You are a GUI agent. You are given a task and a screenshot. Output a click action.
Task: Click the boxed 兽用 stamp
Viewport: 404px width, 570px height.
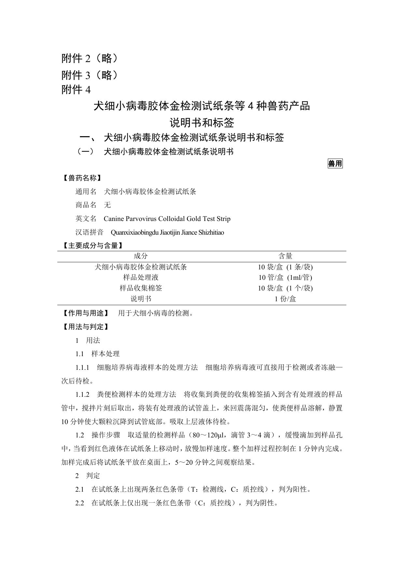click(335, 163)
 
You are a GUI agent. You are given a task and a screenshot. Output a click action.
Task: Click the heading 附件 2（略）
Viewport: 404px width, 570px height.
click(90, 58)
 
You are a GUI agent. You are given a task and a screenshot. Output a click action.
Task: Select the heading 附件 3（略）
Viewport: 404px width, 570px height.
click(90, 75)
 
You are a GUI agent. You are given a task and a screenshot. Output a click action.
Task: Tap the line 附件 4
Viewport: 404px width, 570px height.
click(76, 90)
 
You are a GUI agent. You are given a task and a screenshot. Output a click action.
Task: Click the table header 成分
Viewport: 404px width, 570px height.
click(140, 256)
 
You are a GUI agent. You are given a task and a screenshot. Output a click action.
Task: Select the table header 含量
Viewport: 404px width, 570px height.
click(285, 256)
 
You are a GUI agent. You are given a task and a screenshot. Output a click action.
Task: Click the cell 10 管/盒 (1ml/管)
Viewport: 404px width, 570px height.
click(285, 278)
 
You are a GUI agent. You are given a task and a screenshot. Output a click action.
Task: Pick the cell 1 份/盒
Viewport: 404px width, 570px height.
click(285, 299)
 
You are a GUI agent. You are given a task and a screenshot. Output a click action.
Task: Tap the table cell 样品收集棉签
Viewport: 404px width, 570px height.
click(140, 288)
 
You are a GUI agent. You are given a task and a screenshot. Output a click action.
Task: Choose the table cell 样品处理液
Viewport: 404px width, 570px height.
click(140, 278)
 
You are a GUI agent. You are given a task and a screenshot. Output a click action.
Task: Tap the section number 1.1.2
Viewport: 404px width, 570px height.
click(82, 395)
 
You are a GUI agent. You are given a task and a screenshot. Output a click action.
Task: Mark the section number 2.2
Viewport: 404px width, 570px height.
click(79, 503)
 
